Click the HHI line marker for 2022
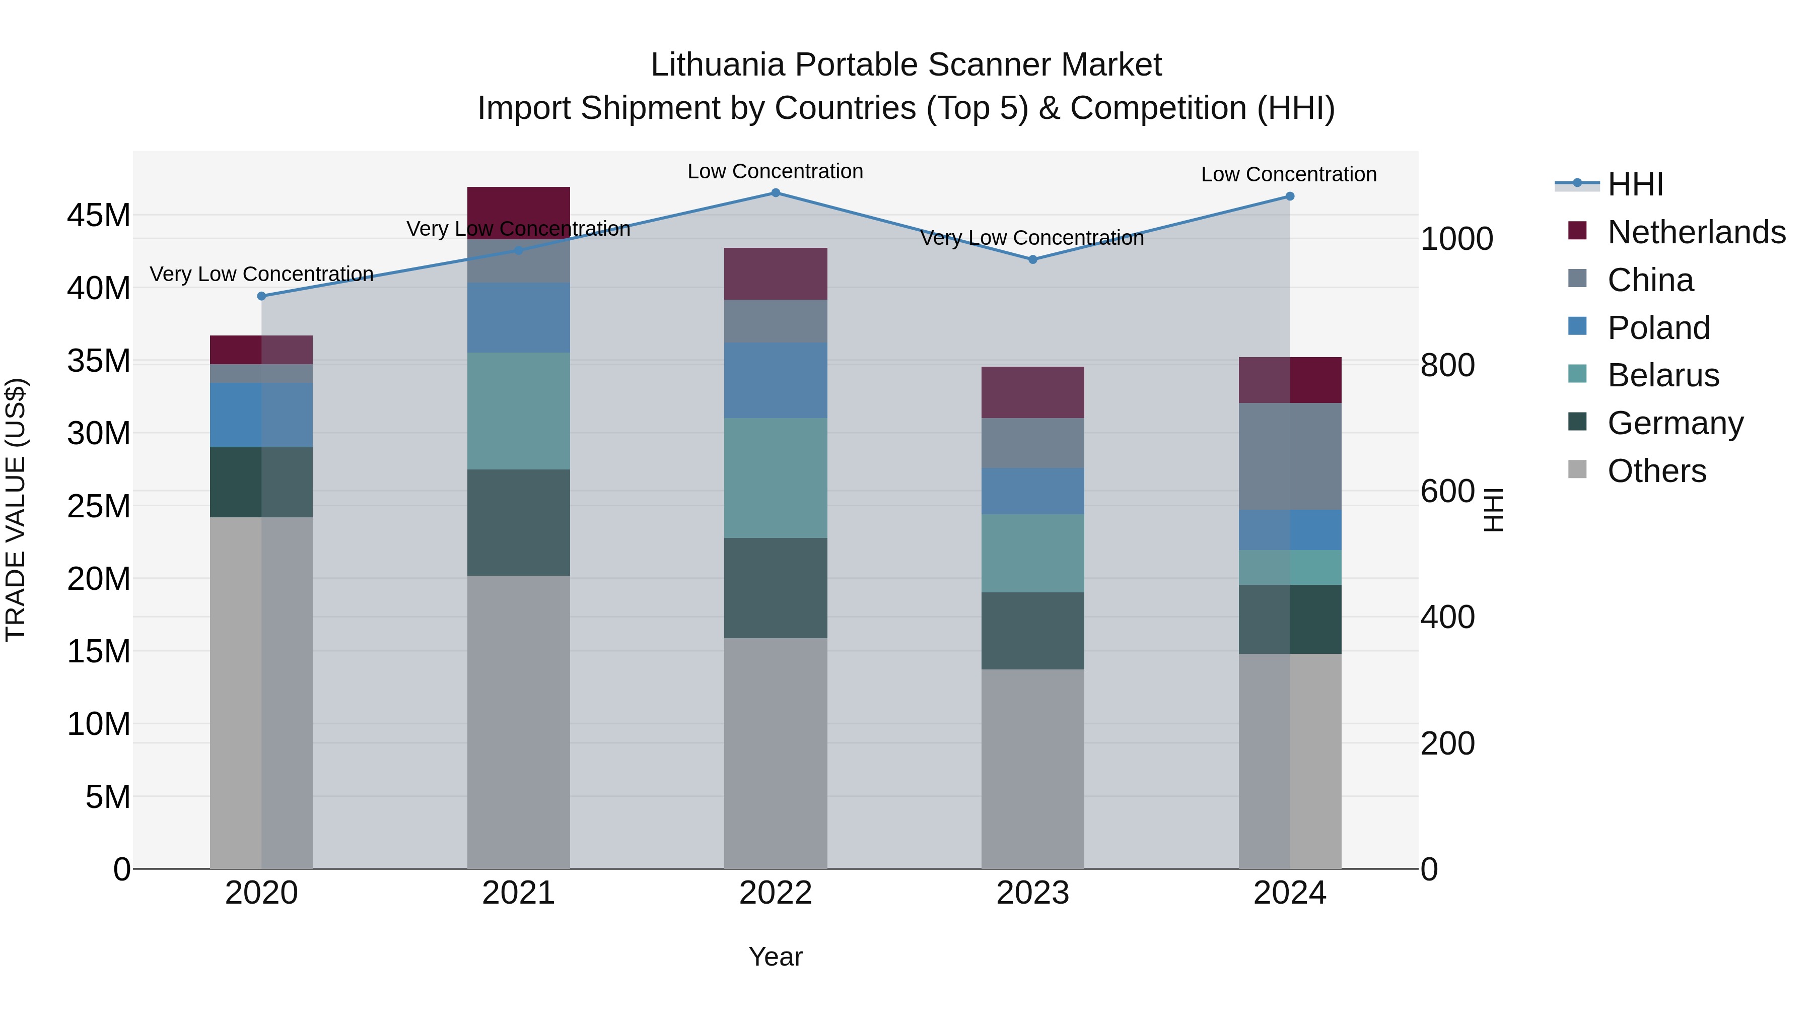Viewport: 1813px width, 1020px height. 776,193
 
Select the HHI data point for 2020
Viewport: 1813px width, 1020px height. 262,296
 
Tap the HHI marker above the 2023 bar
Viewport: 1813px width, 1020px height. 1032,260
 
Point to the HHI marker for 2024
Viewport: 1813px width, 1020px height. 1289,196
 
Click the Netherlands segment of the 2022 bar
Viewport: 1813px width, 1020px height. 776,274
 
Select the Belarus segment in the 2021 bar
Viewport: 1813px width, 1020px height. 519,411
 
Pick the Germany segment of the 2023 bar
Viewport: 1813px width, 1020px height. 1032,631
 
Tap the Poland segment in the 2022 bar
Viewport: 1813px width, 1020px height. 776,381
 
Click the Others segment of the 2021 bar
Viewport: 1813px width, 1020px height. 519,721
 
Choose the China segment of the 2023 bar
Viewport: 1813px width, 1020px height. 1032,443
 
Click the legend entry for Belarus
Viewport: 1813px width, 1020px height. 1663,375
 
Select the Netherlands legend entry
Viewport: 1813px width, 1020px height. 1696,232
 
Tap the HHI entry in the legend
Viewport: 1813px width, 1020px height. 1635,184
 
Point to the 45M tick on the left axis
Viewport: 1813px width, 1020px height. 99,216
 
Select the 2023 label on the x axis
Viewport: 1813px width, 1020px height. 1032,893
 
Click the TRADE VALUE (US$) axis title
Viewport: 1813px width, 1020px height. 16,510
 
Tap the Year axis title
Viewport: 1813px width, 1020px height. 776,957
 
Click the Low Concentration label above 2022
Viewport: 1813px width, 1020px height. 775,172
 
